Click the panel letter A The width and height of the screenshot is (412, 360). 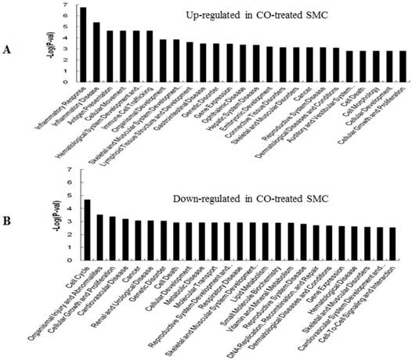coord(7,49)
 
